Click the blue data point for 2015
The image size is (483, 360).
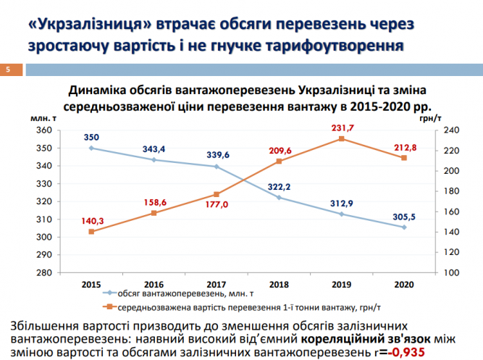(x=91, y=148)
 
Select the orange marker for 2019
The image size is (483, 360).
(x=341, y=138)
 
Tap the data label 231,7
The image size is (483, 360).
(x=341, y=127)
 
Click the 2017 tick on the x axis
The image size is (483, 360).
(x=217, y=284)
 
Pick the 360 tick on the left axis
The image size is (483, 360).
(x=46, y=130)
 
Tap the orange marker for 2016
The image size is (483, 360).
(x=154, y=213)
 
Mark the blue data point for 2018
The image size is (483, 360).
(x=279, y=197)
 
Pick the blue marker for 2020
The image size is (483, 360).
(x=403, y=227)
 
